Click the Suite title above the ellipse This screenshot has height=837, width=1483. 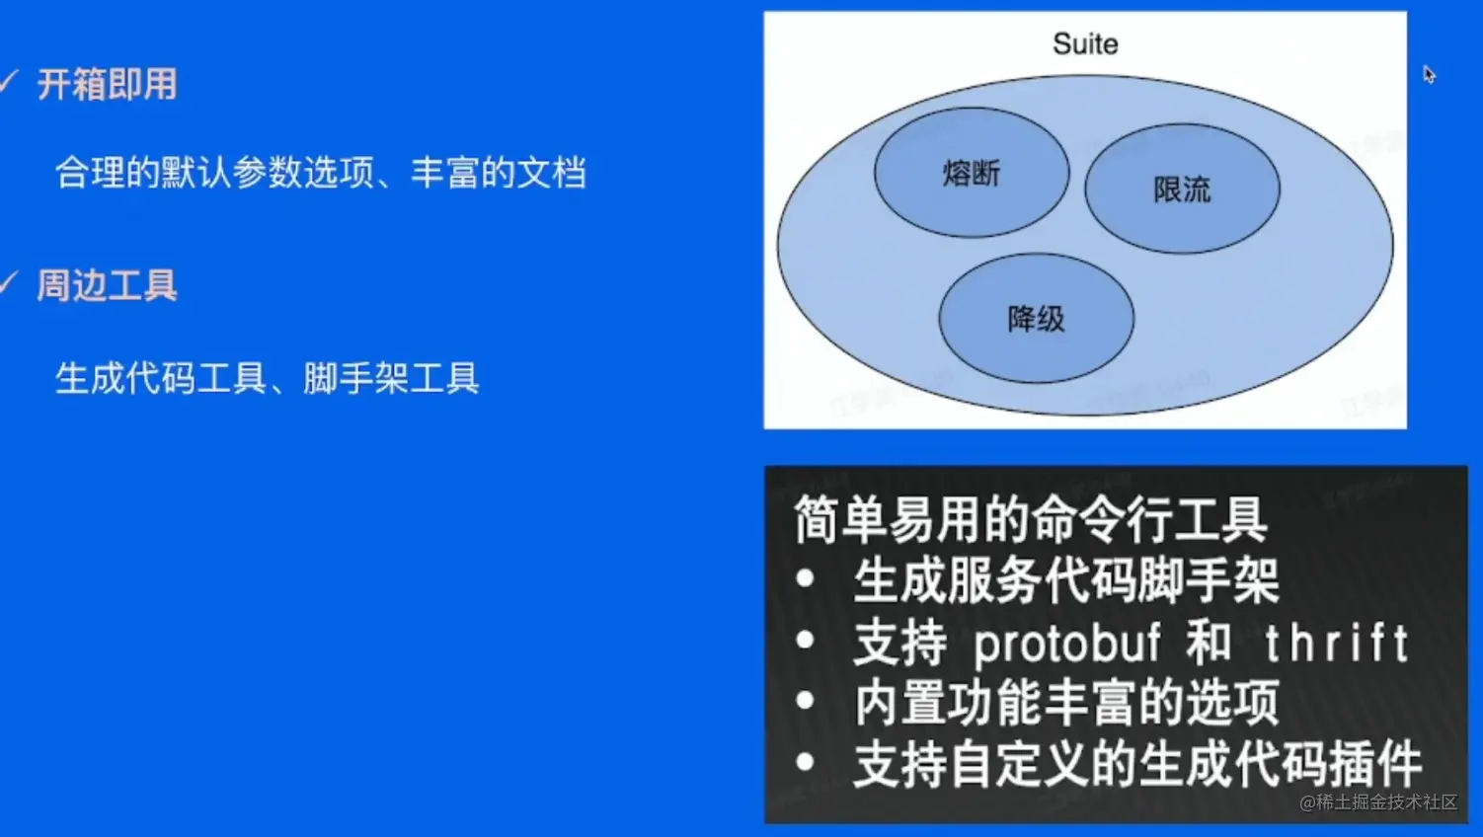click(x=1085, y=44)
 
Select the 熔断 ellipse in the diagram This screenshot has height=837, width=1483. click(x=972, y=172)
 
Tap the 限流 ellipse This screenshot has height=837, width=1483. click(x=1182, y=190)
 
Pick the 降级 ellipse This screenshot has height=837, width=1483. click(x=1036, y=318)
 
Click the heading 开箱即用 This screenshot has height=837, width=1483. click(x=108, y=84)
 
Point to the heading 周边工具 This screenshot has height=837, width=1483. click(x=108, y=286)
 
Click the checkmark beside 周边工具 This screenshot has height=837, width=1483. click(x=8, y=282)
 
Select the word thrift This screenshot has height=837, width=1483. click(x=1336, y=642)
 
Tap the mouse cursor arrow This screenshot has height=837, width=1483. click(x=1430, y=74)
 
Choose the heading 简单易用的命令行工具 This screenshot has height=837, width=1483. click(x=1031, y=520)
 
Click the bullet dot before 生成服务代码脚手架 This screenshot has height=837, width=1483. click(x=805, y=579)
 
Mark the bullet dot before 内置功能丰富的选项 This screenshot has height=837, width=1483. click(x=805, y=700)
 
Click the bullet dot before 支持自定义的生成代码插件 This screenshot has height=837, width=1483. click(x=805, y=762)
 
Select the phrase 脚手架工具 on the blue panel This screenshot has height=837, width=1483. click(x=391, y=378)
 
